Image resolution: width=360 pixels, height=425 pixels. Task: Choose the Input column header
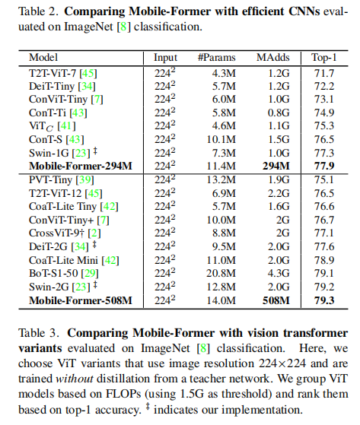pyautogui.click(x=165, y=57)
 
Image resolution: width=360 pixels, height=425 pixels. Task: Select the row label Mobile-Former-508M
pyautogui.click(x=81, y=300)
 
